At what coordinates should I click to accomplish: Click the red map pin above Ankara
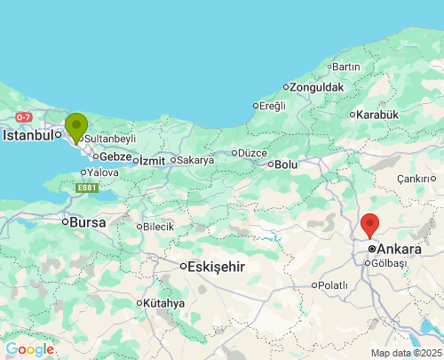[x=370, y=225]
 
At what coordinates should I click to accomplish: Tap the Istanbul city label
[x=30, y=136]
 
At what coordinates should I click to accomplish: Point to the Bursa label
[x=87, y=221]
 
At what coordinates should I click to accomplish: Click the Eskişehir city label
[x=218, y=266]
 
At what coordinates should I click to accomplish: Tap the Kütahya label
[x=163, y=303]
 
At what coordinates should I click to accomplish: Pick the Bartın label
[x=345, y=67]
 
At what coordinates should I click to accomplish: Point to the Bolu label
[x=286, y=164]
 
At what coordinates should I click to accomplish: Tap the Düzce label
[x=252, y=152]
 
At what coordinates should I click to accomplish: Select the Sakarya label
[x=195, y=160]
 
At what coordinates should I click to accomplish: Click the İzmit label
[x=153, y=160]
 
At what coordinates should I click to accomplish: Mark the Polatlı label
[x=333, y=284]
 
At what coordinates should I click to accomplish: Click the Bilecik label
[x=158, y=227]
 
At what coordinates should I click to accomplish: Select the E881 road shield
[x=86, y=188]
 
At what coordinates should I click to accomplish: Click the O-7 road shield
[x=23, y=117]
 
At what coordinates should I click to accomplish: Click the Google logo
[x=29, y=349]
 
